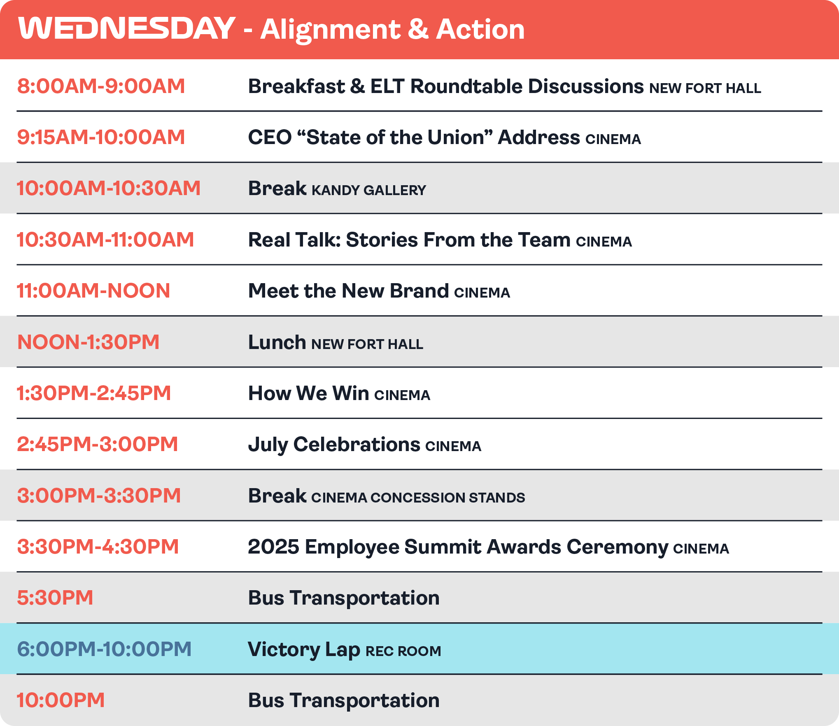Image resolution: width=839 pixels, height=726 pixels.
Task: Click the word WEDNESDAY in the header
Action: pyautogui.click(x=127, y=28)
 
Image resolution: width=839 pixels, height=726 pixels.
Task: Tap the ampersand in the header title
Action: pyautogui.click(x=418, y=29)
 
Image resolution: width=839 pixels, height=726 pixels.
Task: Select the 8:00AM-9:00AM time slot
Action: pyautogui.click(x=101, y=86)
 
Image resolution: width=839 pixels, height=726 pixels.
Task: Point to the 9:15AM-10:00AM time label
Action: pyautogui.click(x=101, y=137)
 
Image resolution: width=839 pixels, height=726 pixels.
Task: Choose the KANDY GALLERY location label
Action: pyautogui.click(x=369, y=190)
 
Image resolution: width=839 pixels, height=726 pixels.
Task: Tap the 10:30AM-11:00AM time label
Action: pyautogui.click(x=105, y=240)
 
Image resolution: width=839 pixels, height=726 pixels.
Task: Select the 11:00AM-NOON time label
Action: pyautogui.click(x=93, y=291)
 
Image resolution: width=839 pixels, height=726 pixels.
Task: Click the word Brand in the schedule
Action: pyautogui.click(x=419, y=291)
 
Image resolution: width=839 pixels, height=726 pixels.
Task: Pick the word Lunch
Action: pyautogui.click(x=277, y=342)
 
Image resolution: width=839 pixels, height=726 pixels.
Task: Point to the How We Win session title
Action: pyautogui.click(x=309, y=393)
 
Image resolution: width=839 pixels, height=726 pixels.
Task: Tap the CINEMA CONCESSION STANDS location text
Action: pyautogui.click(x=418, y=498)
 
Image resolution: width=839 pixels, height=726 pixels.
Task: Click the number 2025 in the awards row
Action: pyautogui.click(x=274, y=547)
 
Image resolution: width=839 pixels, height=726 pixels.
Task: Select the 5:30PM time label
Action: pyautogui.click(x=55, y=598)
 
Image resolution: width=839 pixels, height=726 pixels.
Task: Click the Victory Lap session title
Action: pyautogui.click(x=304, y=650)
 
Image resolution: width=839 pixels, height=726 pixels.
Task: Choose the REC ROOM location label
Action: pyautogui.click(x=403, y=651)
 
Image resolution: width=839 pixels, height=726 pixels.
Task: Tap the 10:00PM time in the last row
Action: pyautogui.click(x=61, y=700)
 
